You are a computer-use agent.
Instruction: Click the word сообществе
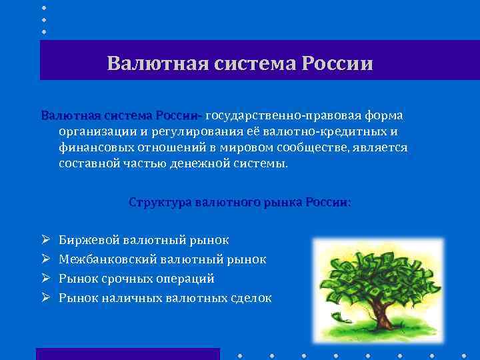point(305,147)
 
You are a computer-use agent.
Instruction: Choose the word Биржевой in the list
point(87,240)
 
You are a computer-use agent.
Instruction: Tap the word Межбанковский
point(103,259)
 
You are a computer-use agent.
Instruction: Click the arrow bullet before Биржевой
point(44,240)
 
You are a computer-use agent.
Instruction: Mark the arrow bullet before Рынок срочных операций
point(44,279)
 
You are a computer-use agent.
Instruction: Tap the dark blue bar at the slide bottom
point(127,354)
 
